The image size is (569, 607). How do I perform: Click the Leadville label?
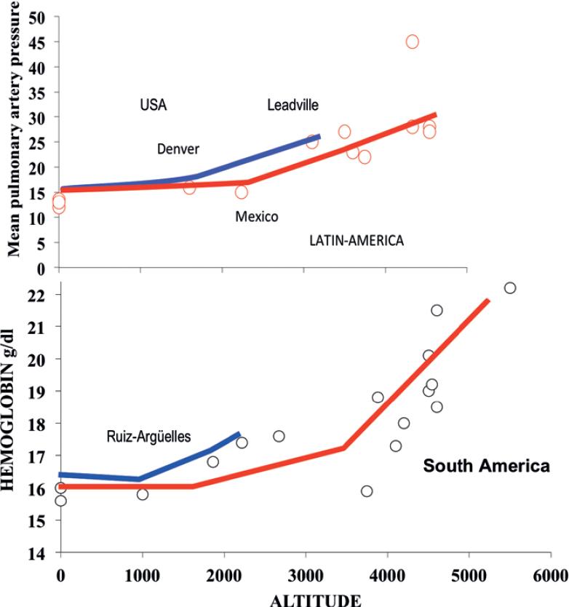coord(293,106)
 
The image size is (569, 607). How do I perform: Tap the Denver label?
coord(178,149)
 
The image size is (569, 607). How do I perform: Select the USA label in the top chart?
coord(154,105)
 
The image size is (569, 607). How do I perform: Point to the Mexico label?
coord(256,217)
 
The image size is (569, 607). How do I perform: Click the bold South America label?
coord(487,466)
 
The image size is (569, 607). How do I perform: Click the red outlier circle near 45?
coord(412,41)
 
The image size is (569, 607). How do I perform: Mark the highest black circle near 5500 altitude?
coord(509,287)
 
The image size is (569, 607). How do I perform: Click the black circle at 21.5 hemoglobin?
coord(437,310)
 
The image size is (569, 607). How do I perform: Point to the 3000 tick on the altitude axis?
coord(306,573)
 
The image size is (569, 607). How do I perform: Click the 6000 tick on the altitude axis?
coord(549,573)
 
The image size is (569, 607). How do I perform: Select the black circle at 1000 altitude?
coord(143,494)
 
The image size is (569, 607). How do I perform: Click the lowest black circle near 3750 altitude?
coord(367,491)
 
